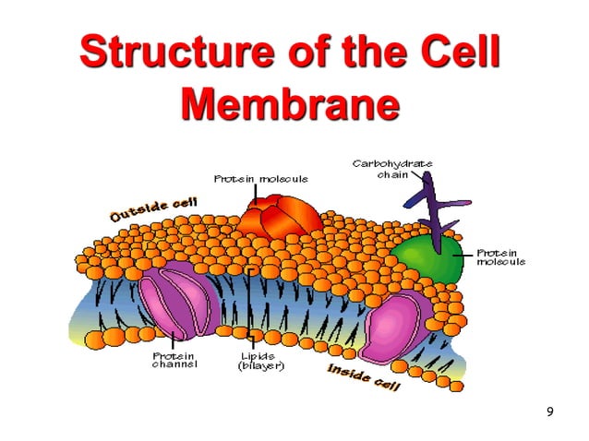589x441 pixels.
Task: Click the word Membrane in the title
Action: [291, 105]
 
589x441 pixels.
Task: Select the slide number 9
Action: [550, 411]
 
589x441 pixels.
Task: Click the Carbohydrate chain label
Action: [392, 169]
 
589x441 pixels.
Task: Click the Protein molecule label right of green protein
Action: [499, 256]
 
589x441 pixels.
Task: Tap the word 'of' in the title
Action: [293, 53]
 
